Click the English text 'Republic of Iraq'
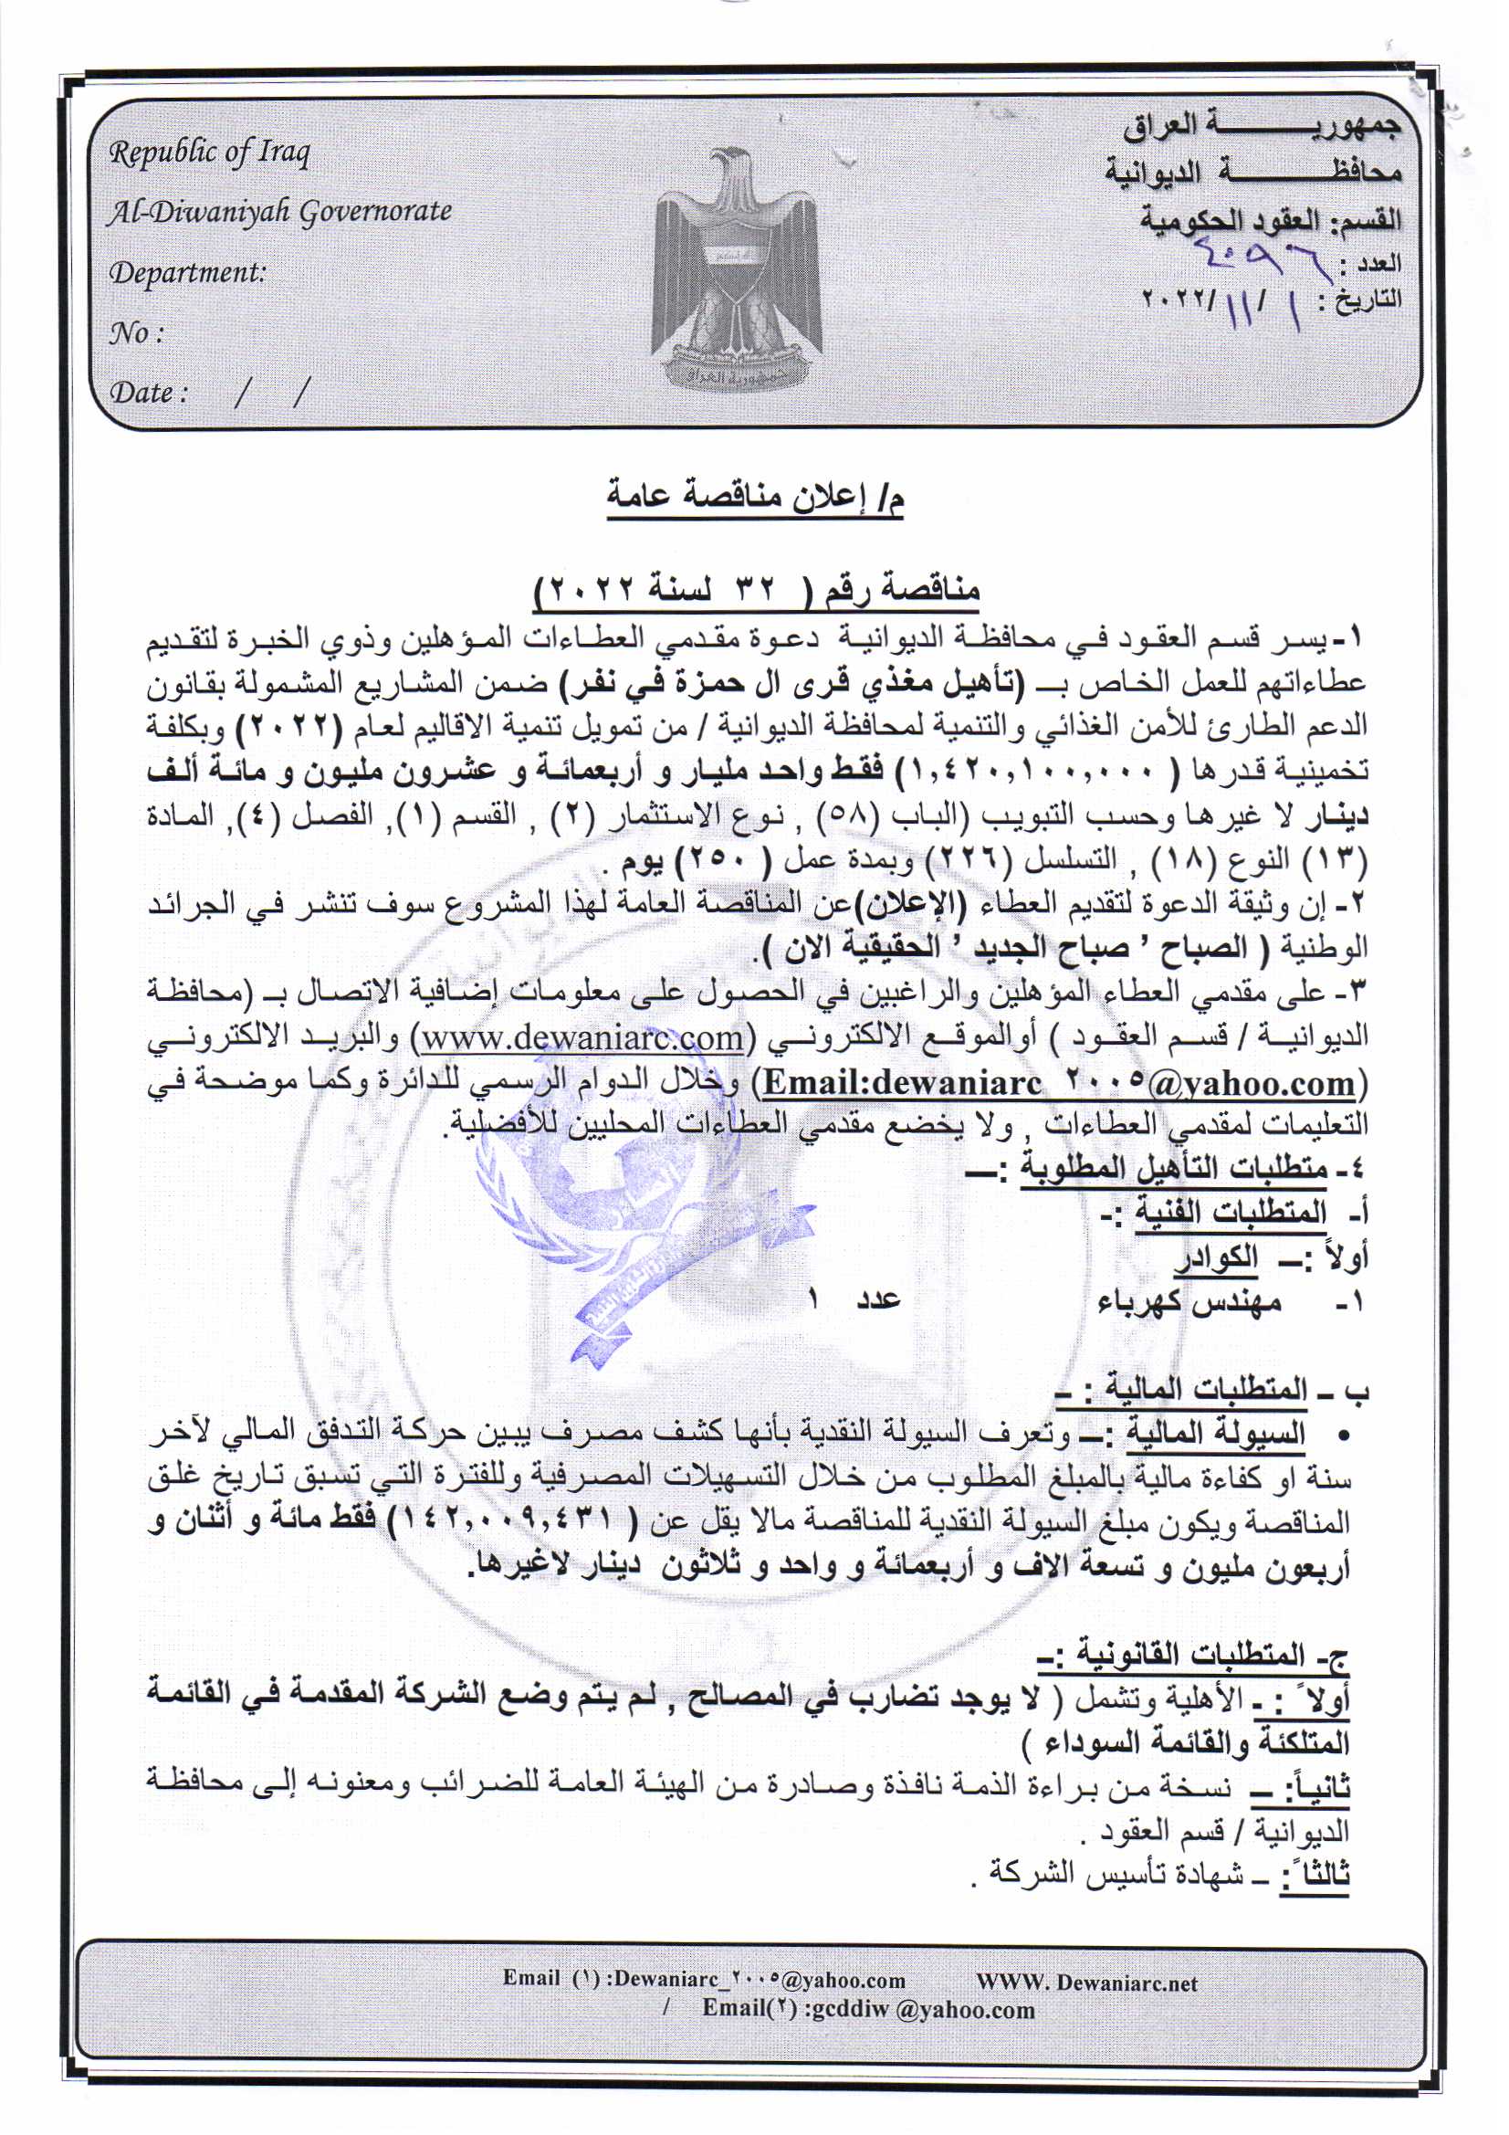(209, 152)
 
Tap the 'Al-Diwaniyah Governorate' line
(279, 212)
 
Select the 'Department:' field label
(188, 272)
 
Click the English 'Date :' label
(149, 393)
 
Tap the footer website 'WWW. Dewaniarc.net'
(1087, 1982)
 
